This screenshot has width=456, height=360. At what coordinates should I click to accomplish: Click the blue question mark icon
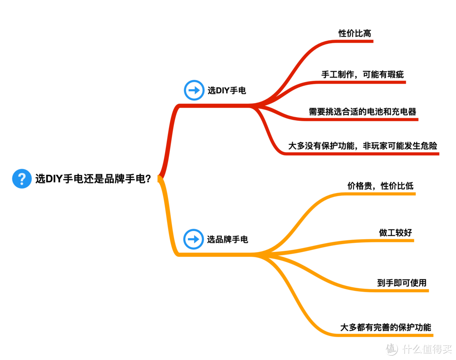(x=22, y=179)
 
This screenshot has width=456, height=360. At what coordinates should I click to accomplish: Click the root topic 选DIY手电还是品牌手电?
(x=93, y=179)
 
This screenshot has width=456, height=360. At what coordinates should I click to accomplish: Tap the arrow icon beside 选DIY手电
(x=194, y=90)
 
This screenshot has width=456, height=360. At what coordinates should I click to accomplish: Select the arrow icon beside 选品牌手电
(x=193, y=239)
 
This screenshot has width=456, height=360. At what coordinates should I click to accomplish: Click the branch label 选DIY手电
(x=227, y=90)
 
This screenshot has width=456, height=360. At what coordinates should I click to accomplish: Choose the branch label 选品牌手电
(x=228, y=240)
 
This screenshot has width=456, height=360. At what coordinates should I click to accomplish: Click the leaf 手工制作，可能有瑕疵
(x=362, y=74)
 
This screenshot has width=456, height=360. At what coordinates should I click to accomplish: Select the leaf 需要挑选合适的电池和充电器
(x=362, y=112)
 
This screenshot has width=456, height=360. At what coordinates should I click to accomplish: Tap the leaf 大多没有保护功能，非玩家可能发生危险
(x=363, y=146)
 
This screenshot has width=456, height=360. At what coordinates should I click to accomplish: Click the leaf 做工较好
(x=395, y=232)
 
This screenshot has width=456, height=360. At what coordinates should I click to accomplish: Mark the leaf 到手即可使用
(x=402, y=283)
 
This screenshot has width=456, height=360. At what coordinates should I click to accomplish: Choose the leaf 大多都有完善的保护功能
(x=386, y=327)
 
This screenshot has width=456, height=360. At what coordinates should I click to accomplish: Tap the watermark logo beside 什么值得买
(x=391, y=349)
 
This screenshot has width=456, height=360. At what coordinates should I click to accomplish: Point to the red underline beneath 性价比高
(x=355, y=41)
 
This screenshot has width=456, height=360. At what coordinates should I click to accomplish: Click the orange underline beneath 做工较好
(x=393, y=241)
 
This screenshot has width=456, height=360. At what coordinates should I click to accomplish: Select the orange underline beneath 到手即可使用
(x=401, y=291)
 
